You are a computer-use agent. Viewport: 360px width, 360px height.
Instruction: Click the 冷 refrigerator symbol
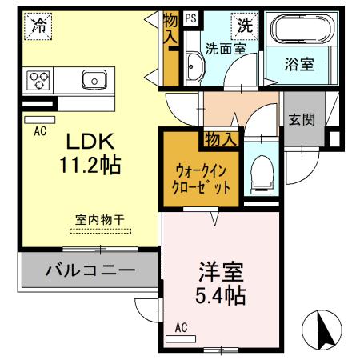tap(37, 25)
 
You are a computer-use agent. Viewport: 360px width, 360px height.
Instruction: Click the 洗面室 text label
tap(225, 49)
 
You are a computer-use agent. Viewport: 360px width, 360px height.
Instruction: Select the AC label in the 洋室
tap(181, 326)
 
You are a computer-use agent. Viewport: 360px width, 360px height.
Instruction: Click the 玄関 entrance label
tap(302, 121)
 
